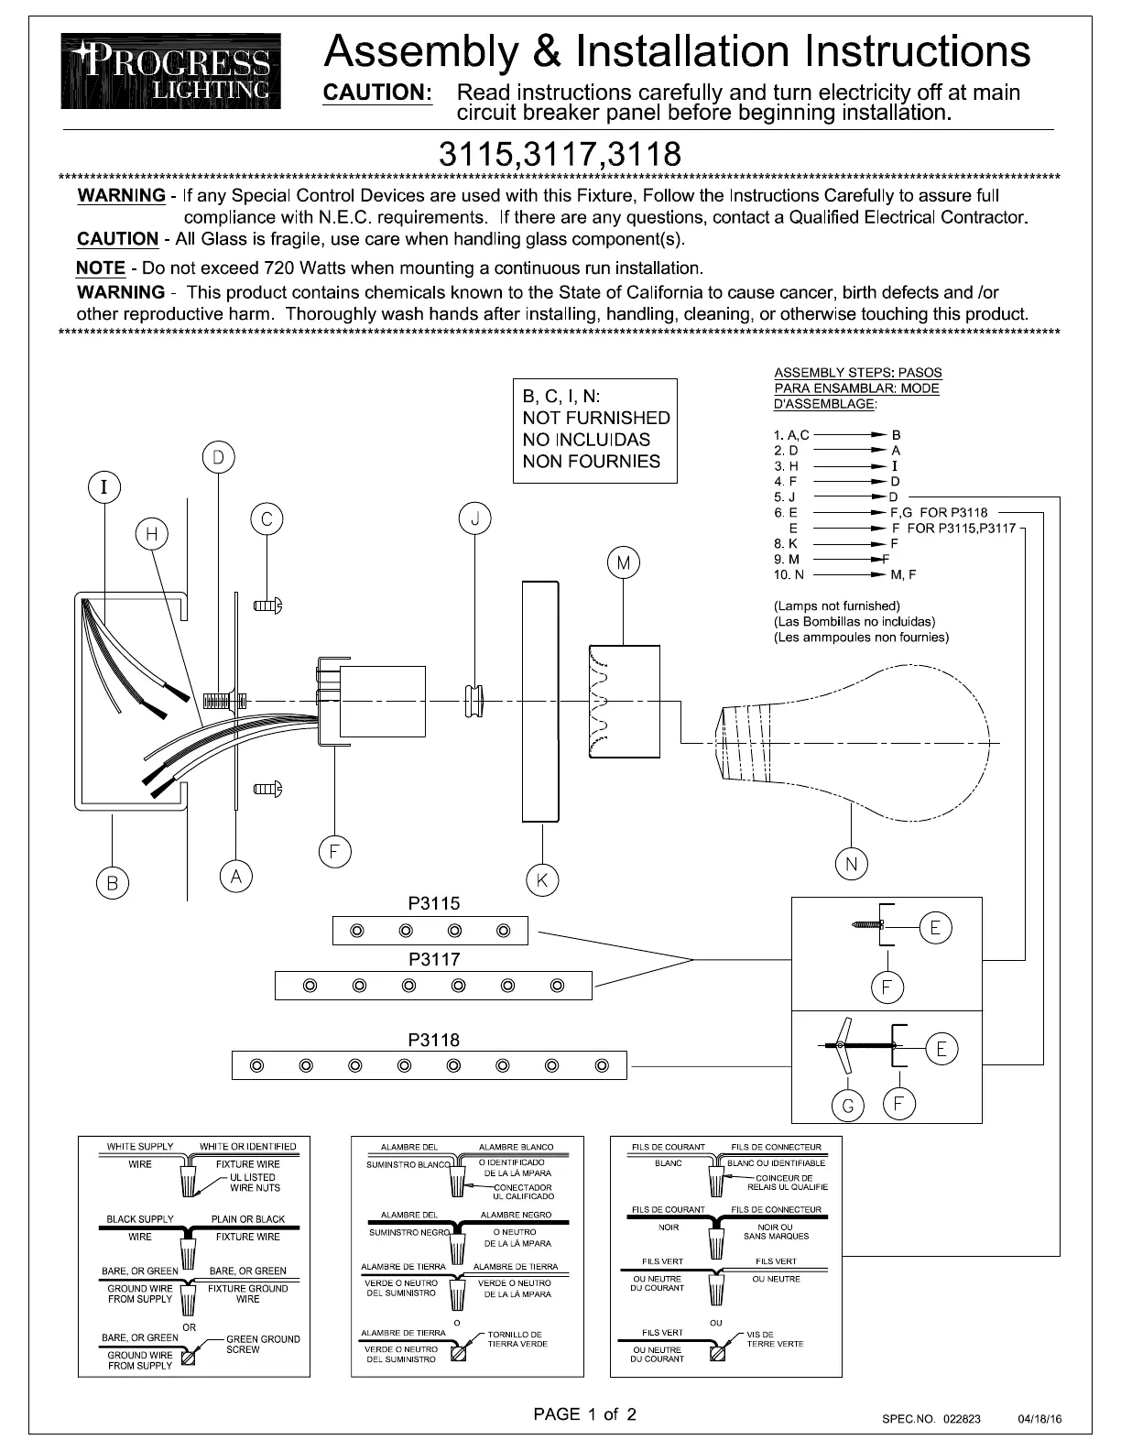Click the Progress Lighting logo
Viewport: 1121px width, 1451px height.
(171, 71)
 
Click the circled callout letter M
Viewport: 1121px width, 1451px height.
(624, 563)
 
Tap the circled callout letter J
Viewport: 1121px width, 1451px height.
(474, 519)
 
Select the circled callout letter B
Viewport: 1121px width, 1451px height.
(113, 883)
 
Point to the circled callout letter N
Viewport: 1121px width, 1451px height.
(851, 864)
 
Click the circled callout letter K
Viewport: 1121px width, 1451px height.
(542, 880)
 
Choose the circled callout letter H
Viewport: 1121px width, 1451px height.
(152, 534)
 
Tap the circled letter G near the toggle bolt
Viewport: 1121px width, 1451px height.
(848, 1107)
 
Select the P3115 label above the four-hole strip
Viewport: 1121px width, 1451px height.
(434, 904)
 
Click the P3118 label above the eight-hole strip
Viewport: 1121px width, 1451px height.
(434, 1040)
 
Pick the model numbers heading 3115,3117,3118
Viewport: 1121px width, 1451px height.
(560, 151)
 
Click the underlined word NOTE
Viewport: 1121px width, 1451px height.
(101, 268)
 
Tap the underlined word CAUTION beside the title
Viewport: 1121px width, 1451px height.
(377, 93)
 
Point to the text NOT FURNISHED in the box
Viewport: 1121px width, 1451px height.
(595, 418)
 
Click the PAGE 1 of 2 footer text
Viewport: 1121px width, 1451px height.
(584, 1414)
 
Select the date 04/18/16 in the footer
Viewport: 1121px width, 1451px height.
(1039, 1419)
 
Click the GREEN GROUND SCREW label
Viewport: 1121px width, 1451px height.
(263, 1344)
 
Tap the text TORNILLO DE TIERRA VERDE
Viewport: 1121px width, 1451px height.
(518, 1339)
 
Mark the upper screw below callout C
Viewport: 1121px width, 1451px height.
(267, 605)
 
